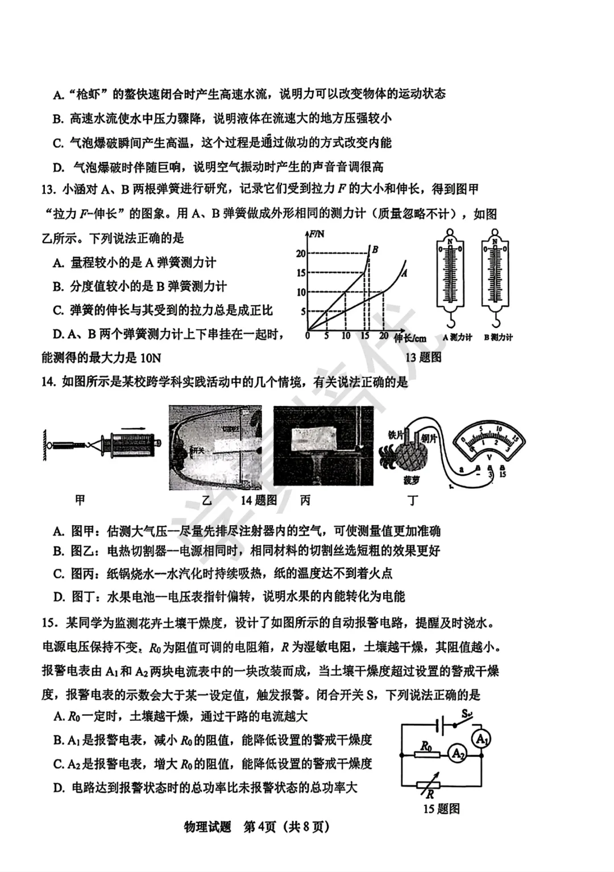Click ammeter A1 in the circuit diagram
482,739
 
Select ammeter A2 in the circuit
457,754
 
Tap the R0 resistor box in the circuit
426,755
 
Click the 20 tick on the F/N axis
301,254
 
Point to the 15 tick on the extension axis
365,336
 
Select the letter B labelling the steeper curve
375,249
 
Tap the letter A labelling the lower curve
404,273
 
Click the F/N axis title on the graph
317,234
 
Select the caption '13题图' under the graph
423,357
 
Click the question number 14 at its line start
48,382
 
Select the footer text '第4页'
259,827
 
